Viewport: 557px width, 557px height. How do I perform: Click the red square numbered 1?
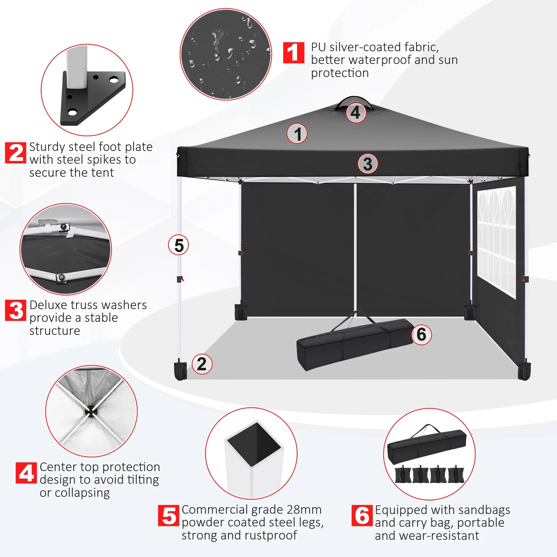click(294, 53)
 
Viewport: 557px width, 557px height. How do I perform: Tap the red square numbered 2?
click(16, 153)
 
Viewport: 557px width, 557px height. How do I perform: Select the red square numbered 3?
click(16, 310)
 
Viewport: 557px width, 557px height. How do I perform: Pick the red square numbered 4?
click(26, 473)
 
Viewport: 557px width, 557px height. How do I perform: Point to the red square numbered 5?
click(168, 515)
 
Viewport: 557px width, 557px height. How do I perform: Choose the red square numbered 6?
click(362, 515)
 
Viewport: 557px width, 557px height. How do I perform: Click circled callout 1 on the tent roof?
click(297, 133)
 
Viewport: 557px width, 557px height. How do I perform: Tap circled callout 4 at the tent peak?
click(356, 112)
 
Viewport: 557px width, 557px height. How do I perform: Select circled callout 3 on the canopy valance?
click(368, 164)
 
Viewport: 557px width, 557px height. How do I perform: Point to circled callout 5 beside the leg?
click(178, 245)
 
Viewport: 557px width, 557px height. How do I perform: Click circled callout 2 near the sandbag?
click(202, 364)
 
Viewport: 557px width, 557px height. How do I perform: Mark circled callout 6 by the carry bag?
click(422, 335)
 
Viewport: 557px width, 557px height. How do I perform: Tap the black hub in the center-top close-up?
click(91, 411)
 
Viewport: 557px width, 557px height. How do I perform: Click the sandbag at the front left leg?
click(181, 370)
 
